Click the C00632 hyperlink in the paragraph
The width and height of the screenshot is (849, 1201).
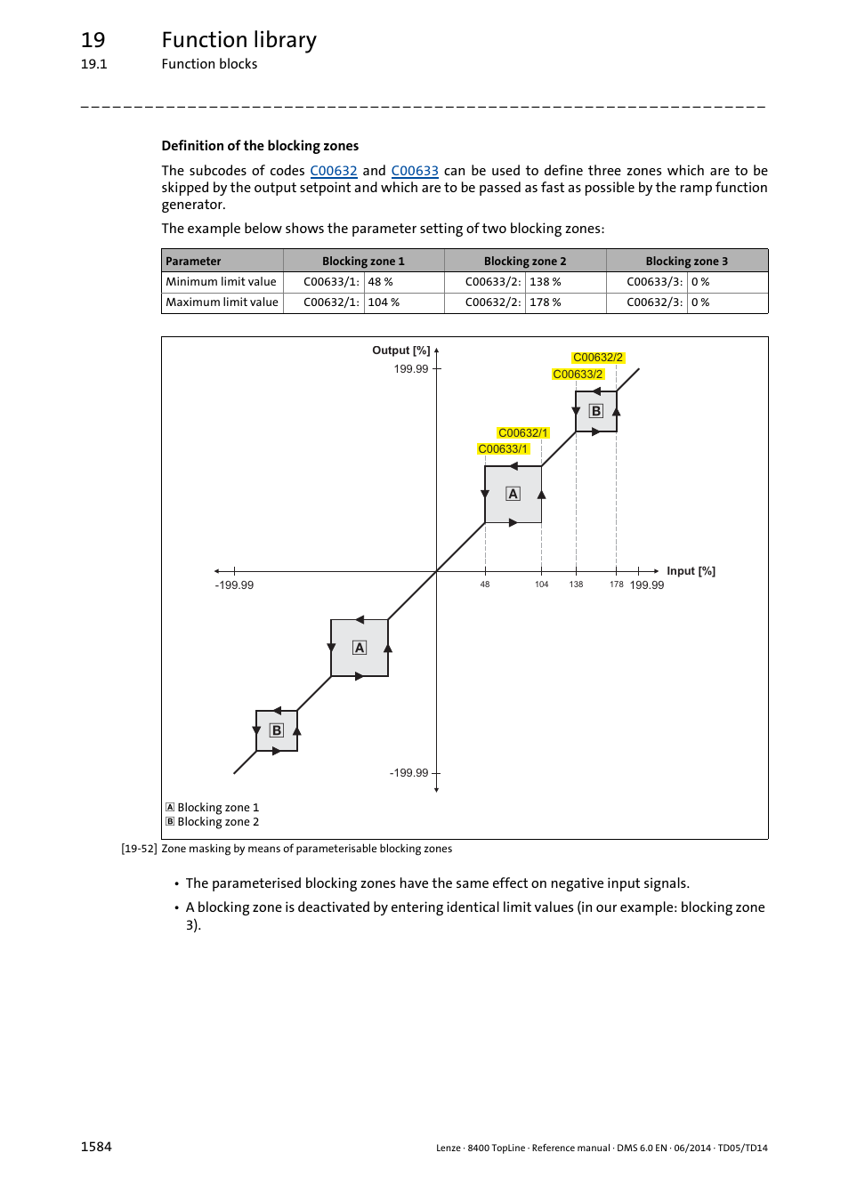[333, 171]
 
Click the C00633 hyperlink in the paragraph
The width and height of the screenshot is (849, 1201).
[415, 171]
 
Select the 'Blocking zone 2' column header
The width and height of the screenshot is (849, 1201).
[525, 261]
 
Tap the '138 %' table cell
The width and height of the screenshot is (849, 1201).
[545, 282]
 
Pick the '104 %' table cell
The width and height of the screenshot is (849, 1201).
[384, 302]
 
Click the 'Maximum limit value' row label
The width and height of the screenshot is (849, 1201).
[222, 302]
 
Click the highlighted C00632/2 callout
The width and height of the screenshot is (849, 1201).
[598, 358]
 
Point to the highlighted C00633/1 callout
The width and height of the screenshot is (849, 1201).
[503, 449]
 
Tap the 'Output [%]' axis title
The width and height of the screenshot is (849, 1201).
[400, 351]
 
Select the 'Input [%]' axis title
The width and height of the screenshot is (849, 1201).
[691, 571]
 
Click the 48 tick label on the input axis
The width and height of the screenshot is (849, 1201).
[485, 584]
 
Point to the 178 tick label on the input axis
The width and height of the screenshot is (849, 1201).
[616, 584]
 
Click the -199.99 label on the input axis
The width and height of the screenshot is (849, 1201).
[234, 585]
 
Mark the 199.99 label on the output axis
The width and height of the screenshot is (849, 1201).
[411, 369]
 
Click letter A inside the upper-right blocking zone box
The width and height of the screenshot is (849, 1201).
[513, 494]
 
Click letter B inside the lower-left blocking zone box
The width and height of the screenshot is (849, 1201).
[277, 730]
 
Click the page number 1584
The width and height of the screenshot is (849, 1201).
[96, 1147]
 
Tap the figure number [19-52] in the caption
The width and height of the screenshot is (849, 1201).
[139, 849]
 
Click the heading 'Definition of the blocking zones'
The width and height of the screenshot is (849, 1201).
[260, 146]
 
